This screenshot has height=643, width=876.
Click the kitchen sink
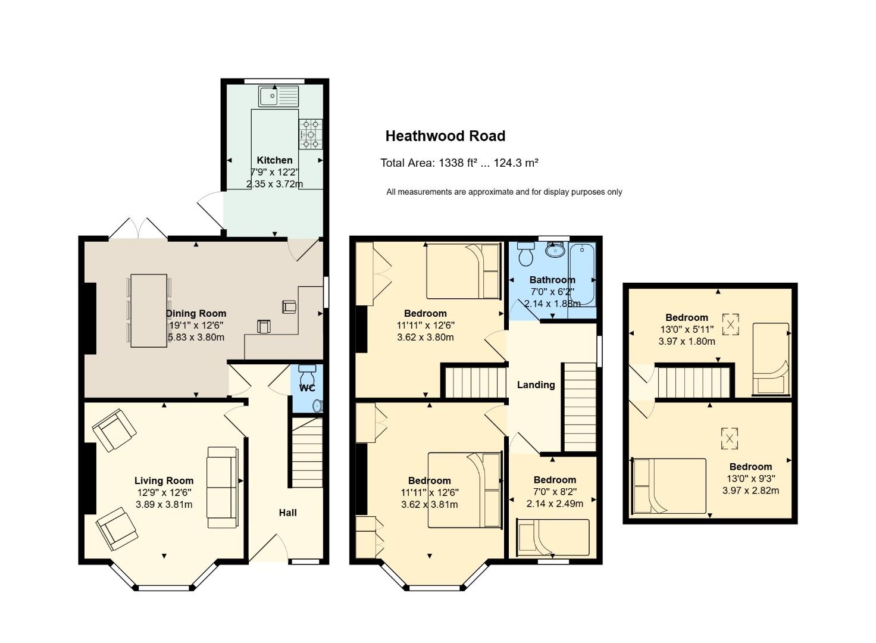click(x=278, y=96)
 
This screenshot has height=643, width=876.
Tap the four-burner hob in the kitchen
click(x=311, y=134)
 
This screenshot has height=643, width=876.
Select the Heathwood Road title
click(x=445, y=136)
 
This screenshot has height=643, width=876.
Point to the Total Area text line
click(x=459, y=163)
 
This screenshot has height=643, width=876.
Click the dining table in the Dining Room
click(x=149, y=310)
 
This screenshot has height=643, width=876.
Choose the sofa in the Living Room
click(x=223, y=487)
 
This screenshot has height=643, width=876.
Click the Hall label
click(x=288, y=513)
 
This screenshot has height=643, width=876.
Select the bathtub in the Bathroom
click(x=582, y=274)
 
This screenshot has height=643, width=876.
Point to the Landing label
click(x=536, y=385)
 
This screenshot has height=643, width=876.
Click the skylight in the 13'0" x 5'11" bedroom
click(x=730, y=324)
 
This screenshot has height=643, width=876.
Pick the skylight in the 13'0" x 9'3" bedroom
click(x=730, y=438)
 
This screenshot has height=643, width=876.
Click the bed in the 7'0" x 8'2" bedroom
click(x=553, y=538)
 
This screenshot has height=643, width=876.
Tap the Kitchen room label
click(x=274, y=160)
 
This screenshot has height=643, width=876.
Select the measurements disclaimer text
click(x=504, y=192)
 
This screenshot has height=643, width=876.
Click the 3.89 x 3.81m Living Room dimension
click(x=164, y=504)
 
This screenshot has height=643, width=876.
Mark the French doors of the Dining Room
click(x=137, y=228)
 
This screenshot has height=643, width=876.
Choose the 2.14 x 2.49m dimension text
click(x=555, y=504)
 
